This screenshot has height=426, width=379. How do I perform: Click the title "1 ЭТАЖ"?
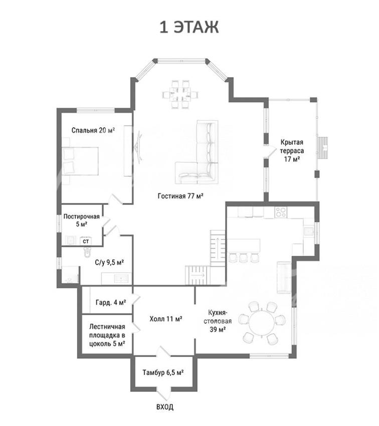click(189, 28)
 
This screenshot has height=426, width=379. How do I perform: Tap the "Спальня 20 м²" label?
click(93, 130)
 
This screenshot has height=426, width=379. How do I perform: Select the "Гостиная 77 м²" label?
click(180, 196)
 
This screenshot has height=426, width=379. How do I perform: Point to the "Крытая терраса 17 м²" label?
click(292, 150)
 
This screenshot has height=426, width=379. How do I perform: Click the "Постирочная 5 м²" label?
click(82, 221)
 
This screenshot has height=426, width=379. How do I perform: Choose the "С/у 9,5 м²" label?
click(109, 263)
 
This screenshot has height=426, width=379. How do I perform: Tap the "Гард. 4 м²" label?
click(111, 302)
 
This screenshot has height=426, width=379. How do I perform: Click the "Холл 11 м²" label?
click(166, 319)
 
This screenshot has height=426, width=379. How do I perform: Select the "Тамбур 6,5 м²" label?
click(163, 372)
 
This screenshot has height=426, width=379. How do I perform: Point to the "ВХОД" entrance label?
click(165, 407)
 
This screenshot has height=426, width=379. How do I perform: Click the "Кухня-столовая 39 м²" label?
click(218, 321)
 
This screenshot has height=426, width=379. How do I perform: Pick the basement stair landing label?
click(107, 335)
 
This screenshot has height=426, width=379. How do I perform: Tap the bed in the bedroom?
click(80, 161)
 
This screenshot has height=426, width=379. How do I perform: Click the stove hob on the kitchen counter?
click(281, 212)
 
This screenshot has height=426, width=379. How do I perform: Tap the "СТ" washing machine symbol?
click(86, 241)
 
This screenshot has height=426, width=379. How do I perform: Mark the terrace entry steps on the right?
click(323, 147)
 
